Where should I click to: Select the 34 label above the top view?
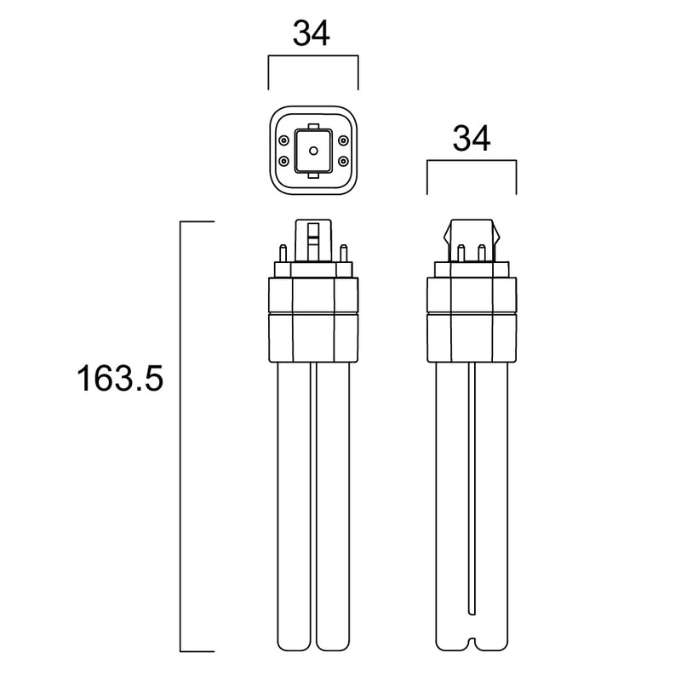click(x=312, y=34)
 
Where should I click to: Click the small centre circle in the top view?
click(x=313, y=150)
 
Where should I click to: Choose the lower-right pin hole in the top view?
click(x=343, y=160)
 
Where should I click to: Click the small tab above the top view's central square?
click(x=313, y=125)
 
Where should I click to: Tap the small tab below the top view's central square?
click(x=313, y=175)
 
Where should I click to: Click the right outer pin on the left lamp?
click(x=343, y=253)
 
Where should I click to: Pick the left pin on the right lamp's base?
click(x=460, y=253)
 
